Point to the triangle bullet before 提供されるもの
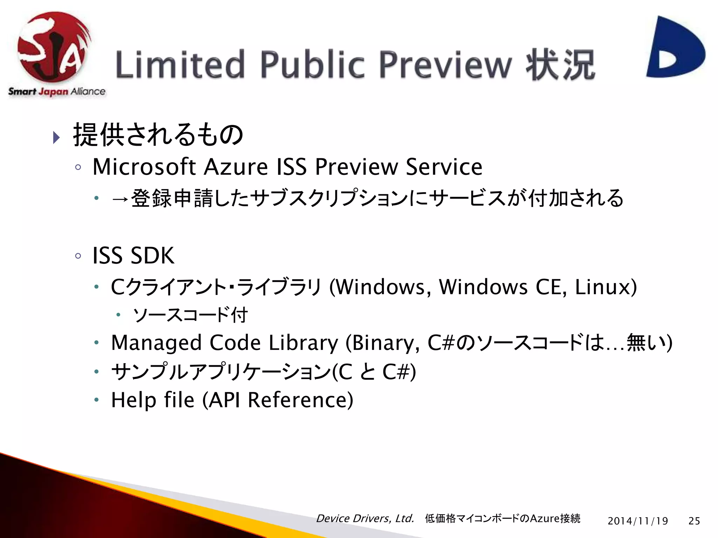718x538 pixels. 56,137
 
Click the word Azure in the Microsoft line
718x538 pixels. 236,167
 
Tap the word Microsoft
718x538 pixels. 144,167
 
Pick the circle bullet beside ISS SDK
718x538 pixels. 78,256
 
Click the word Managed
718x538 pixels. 156,343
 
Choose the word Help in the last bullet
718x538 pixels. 134,400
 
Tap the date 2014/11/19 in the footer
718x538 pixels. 638,521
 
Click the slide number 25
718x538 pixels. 694,521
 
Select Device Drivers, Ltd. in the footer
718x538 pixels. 365,518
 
